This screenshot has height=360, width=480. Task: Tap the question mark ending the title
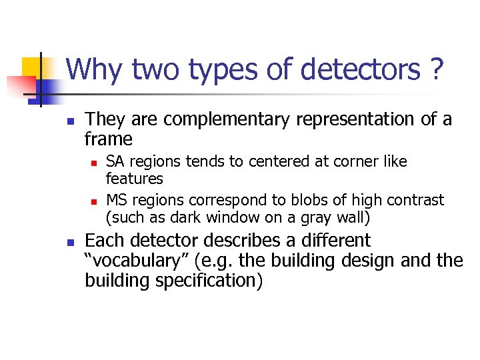coord(437,69)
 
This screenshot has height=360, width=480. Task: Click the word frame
coord(109,139)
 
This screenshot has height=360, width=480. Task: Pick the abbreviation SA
coord(115,161)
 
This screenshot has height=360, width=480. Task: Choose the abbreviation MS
coord(117,200)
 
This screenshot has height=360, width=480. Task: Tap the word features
coord(135,179)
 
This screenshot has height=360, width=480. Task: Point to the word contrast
coord(413,200)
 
